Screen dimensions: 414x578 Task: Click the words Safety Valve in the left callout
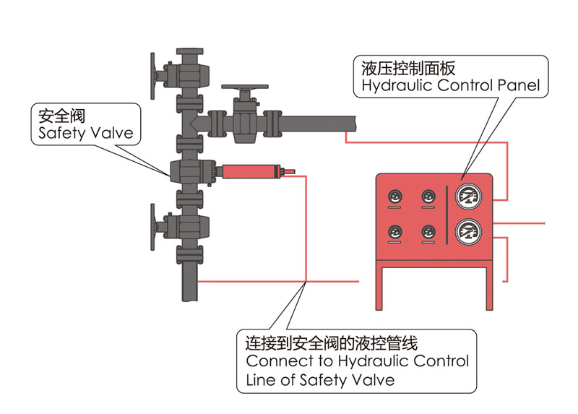click(81, 133)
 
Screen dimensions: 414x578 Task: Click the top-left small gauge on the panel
click(396, 197)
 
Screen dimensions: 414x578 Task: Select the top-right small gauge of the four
click(428, 197)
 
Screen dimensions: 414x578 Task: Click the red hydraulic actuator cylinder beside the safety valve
click(249, 172)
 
